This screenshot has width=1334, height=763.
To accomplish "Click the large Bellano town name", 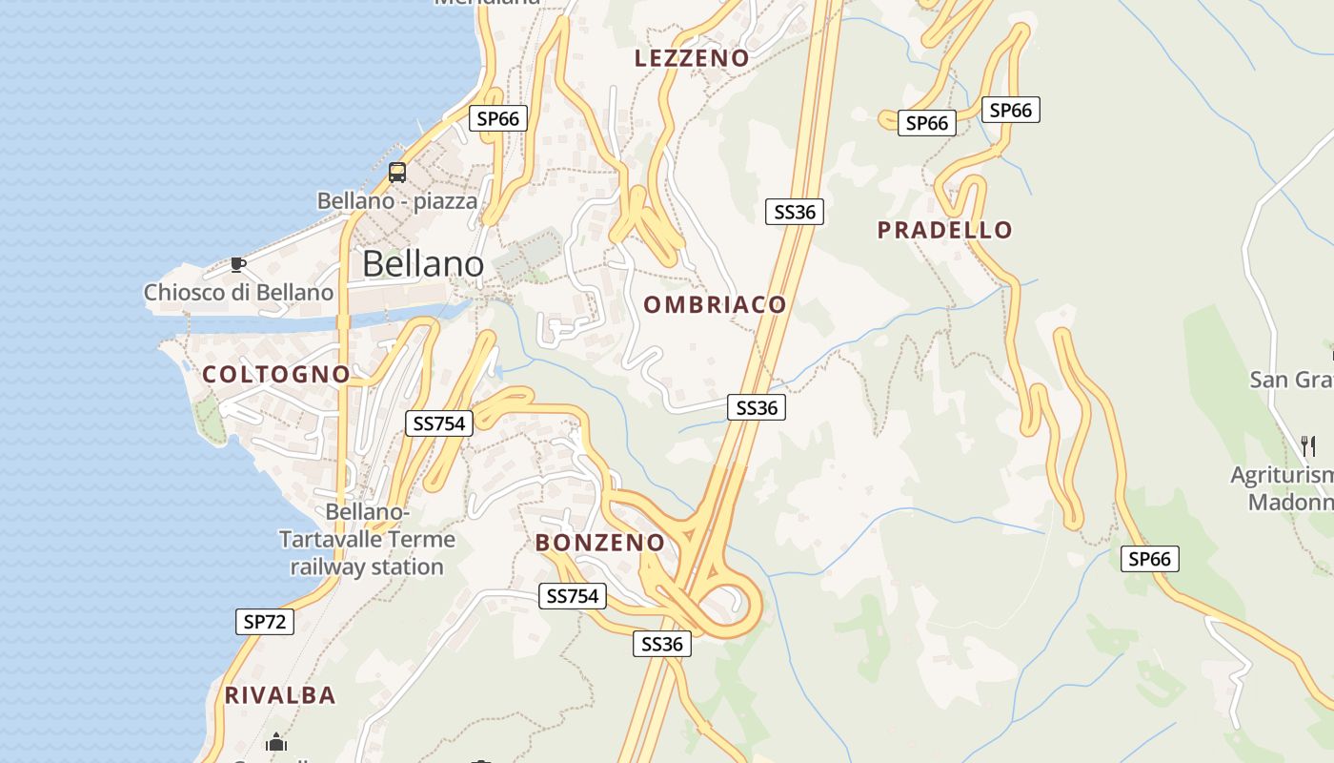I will click(422, 263).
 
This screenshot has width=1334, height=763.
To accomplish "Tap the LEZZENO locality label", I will click(692, 58).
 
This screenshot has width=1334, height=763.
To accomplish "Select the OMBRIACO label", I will click(715, 305).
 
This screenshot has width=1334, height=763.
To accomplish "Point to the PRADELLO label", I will click(944, 230).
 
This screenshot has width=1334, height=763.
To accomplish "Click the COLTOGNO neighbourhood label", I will click(276, 375).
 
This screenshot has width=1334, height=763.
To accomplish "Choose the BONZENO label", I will click(600, 543).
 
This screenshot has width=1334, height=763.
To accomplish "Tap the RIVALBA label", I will click(280, 695).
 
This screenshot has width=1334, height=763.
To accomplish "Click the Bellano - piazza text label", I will click(396, 201).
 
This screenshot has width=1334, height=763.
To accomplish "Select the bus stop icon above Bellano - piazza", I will click(397, 173).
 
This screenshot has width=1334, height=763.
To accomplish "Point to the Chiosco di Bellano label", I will click(238, 292).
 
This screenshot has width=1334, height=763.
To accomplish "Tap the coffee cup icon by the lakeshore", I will click(238, 264).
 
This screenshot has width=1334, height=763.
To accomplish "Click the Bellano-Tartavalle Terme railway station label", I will click(367, 540).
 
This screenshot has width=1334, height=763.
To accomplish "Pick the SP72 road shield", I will click(265, 622).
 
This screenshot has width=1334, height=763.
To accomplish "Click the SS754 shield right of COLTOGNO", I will click(439, 423).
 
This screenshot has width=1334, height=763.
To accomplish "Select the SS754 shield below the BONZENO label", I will click(572, 596).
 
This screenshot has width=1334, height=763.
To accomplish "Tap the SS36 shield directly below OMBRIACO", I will click(757, 408).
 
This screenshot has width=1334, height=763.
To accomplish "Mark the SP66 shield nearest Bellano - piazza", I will click(498, 118).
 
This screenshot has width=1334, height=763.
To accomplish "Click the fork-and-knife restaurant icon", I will click(1308, 444).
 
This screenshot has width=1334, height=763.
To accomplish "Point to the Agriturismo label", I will click(1282, 475).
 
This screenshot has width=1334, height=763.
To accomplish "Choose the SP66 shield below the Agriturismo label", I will click(1149, 559).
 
